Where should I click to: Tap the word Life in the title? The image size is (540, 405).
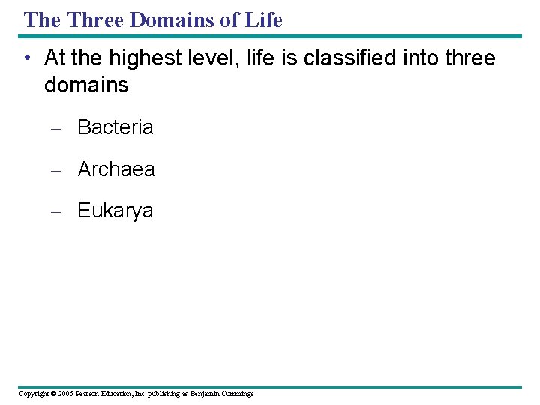point(264,20)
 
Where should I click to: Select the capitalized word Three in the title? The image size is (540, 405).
point(95,20)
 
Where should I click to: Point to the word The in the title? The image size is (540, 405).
point(42,20)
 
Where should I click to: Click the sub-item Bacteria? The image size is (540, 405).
point(115,127)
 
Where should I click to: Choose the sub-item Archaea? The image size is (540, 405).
point(115,169)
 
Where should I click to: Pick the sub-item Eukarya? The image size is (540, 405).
point(115,211)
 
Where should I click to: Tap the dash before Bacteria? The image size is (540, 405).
point(55,128)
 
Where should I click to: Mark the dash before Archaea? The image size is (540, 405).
point(55,170)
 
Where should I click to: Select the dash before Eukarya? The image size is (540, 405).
point(55,211)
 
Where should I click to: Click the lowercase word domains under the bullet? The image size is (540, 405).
point(86,85)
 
